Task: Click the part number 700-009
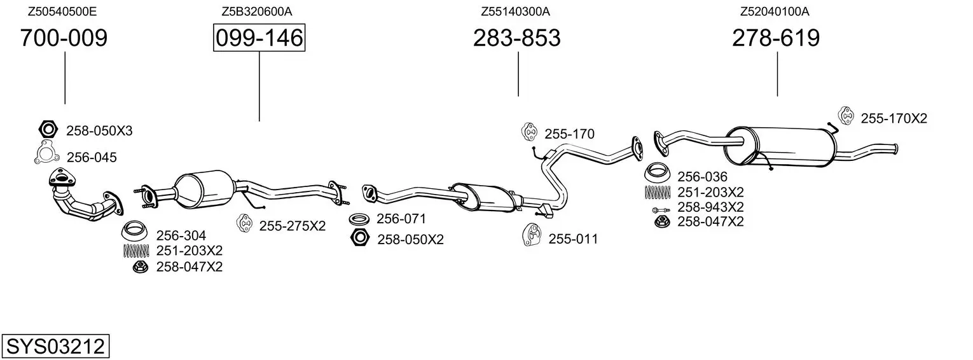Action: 64,38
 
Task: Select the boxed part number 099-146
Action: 259,38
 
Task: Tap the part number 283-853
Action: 516,38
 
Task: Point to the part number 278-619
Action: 776,38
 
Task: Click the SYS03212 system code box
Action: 55,347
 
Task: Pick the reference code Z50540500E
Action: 62,11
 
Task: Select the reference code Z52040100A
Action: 775,11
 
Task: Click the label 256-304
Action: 181,235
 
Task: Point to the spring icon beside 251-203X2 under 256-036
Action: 658,192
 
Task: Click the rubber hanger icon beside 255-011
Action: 531,236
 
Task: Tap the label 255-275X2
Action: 292,226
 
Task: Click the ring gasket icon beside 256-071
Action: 360,219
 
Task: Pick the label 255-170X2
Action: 894,118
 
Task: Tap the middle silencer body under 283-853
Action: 483,196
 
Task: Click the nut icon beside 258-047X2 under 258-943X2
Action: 661,221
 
